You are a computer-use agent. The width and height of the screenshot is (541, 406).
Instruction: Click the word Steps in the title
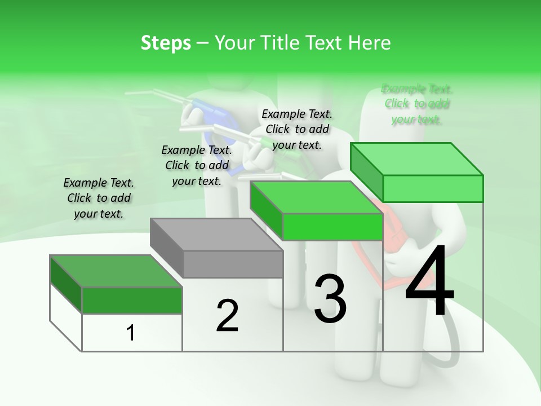pyautogui.click(x=166, y=43)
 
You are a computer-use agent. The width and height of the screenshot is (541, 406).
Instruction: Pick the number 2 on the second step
pyautogui.click(x=227, y=316)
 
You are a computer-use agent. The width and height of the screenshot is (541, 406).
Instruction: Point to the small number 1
pyautogui.click(x=131, y=333)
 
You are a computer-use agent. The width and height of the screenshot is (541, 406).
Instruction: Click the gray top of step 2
pyautogui.click(x=217, y=234)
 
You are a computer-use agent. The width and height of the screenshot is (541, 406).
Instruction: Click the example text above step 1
pyautogui.click(x=99, y=198)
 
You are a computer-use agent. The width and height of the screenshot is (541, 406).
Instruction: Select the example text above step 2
pyautogui.click(x=197, y=165)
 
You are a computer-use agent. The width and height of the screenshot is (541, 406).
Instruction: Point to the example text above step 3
pyautogui.click(x=297, y=129)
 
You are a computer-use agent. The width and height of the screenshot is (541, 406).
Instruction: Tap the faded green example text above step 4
pyautogui.click(x=417, y=104)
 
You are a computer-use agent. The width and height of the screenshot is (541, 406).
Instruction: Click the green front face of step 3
pyautogui.click(x=332, y=227)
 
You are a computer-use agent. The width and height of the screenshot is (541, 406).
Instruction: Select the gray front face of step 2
pyautogui.click(x=233, y=264)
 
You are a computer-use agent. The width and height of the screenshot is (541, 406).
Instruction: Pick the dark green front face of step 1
pyautogui.click(x=132, y=300)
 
